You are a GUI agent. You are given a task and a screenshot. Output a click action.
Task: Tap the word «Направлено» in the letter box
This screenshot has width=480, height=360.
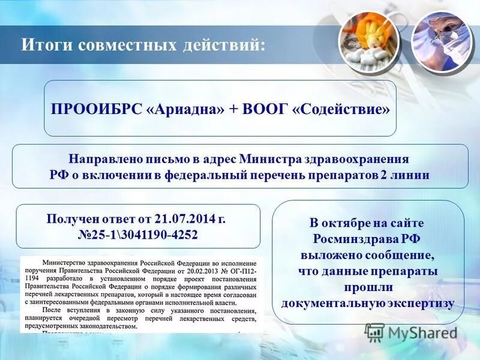[104, 160]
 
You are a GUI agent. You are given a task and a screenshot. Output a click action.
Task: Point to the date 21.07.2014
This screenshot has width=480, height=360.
[182, 218]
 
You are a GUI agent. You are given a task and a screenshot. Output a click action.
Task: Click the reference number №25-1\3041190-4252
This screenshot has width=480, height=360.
[138, 234]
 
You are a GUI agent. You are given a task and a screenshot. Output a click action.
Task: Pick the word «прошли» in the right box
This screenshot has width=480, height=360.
[368, 287]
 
